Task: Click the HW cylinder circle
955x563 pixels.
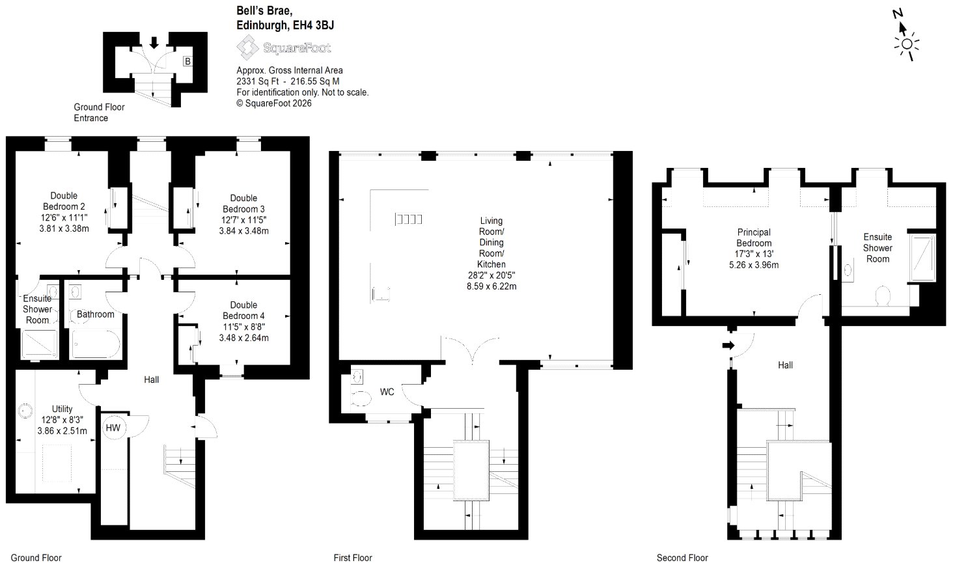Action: coord(113,428)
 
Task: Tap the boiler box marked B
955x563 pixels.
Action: coord(187,61)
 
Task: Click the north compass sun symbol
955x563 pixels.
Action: coord(907,44)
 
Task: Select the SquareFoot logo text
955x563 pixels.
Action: coord(297,48)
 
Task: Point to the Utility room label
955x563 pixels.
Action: coord(62,409)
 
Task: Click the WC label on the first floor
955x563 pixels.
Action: coord(387,392)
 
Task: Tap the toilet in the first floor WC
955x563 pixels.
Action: coord(361,399)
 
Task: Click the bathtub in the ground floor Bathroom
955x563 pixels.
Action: coord(96,344)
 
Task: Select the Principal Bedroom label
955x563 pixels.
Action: coord(754,238)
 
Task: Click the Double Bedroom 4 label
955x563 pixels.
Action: coord(243,310)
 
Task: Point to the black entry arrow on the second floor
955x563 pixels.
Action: coord(728,345)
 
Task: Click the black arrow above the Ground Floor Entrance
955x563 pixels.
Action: coord(154,42)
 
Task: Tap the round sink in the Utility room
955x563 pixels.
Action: coord(25,411)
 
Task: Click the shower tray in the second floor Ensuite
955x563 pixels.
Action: coord(922,258)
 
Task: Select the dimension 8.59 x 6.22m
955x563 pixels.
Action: coord(491,286)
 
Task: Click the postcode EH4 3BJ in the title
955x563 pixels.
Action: coord(313,25)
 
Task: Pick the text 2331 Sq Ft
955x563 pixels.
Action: coord(258,81)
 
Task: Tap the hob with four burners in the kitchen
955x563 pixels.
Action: coord(408,219)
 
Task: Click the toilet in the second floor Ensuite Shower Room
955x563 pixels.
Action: coord(882,295)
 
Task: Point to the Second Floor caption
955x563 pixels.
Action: coord(682,557)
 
